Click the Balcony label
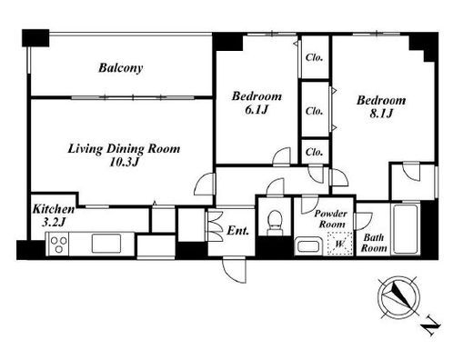tap(120, 68)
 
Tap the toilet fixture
tap(276, 223)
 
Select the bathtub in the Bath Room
tap(406, 229)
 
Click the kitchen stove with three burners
tap(57, 244)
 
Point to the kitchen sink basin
tap(106, 243)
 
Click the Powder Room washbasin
tap(308, 245)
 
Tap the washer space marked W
tap(340, 244)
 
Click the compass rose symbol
tap(398, 297)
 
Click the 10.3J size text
tap(124, 163)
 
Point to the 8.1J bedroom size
tap(381, 114)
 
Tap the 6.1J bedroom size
tap(257, 110)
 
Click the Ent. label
tap(238, 231)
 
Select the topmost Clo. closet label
tap(314, 57)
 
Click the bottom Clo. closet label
tap(314, 152)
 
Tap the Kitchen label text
tap(54, 209)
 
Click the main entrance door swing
tap(234, 270)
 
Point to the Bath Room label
tap(374, 243)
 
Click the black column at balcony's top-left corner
tap(35, 38)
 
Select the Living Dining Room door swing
tap(205, 185)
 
